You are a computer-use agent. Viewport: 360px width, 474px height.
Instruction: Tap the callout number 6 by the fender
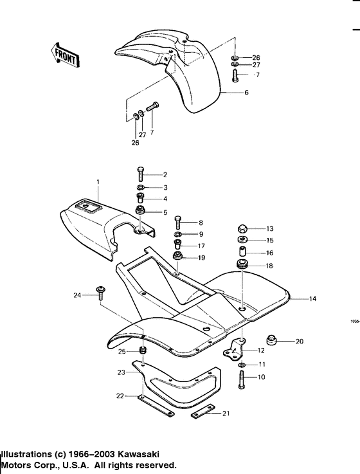[x=246, y=93]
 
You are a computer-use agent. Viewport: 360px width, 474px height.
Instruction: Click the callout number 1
[x=98, y=183]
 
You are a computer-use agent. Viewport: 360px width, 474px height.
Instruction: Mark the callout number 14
[x=312, y=299]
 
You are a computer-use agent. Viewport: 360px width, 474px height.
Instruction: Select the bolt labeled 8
[x=179, y=223]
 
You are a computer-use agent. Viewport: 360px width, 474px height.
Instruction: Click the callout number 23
[x=121, y=372]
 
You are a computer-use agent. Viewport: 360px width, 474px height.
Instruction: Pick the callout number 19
[x=201, y=257]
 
